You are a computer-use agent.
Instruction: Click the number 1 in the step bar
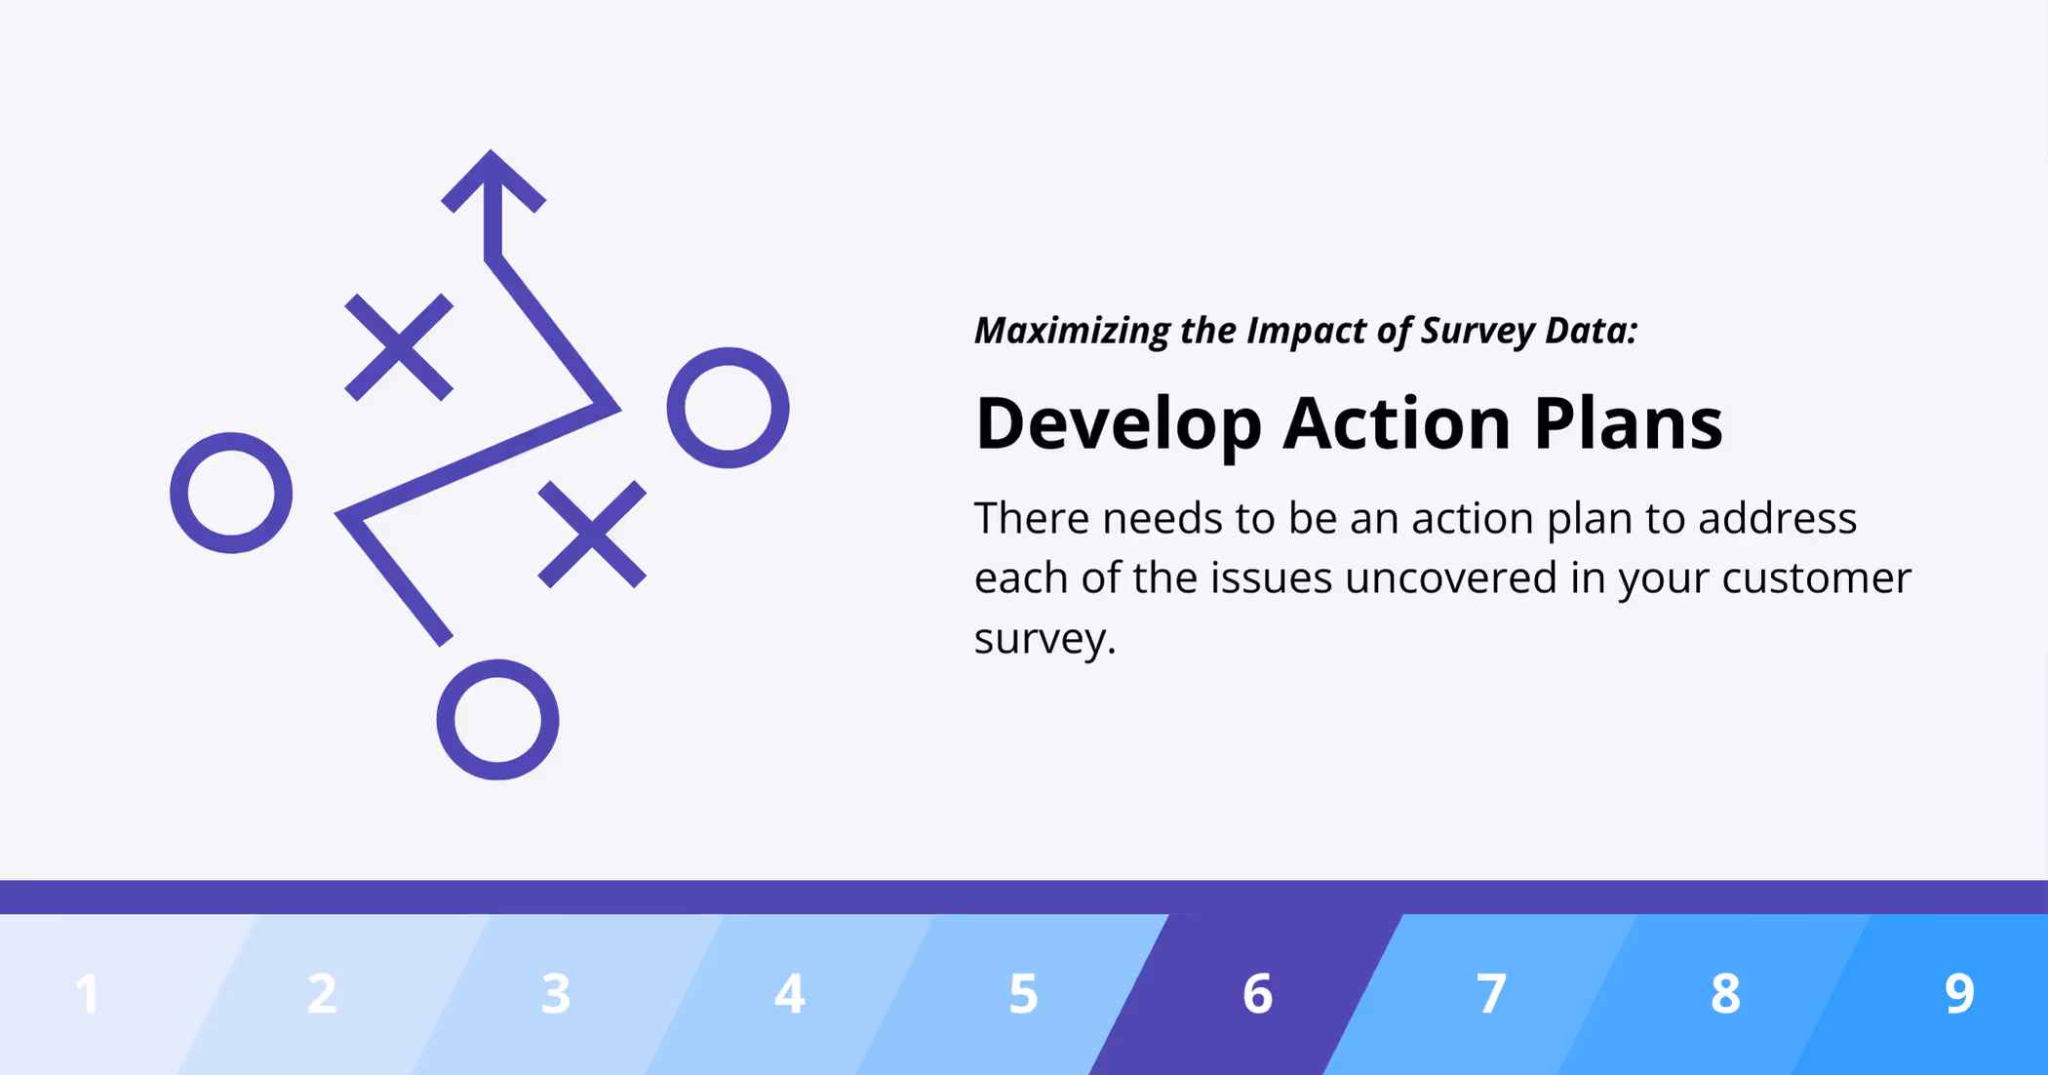[88, 994]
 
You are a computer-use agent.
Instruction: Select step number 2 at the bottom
[322, 994]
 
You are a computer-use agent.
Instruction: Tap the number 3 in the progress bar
[556, 994]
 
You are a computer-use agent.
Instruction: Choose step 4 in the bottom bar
[790, 994]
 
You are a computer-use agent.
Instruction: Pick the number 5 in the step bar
[1023, 994]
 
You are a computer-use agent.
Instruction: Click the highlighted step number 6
[1257, 994]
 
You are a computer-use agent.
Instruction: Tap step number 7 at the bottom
[1491, 994]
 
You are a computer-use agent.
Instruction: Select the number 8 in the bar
[1725, 994]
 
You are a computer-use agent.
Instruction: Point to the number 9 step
[1959, 994]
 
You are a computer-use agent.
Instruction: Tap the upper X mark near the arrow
[399, 347]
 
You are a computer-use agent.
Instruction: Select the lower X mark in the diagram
[592, 534]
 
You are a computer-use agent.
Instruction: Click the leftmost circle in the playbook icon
[231, 493]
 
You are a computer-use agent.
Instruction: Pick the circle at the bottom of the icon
[497, 720]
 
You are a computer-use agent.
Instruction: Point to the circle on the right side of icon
[728, 408]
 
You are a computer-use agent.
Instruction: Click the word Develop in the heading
[1118, 425]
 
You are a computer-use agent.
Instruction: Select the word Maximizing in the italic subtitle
[1072, 332]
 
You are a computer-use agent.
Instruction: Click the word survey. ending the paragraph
[1044, 639]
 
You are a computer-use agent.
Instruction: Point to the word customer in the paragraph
[1815, 577]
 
